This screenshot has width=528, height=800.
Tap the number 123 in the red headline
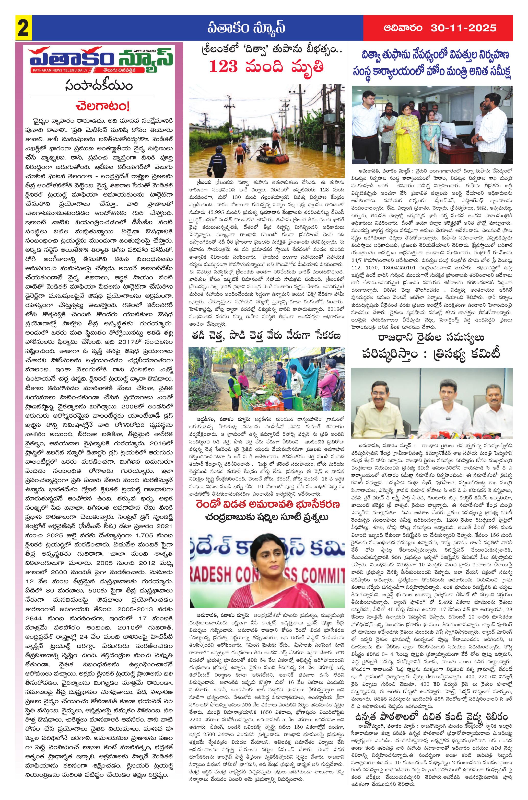(224, 66)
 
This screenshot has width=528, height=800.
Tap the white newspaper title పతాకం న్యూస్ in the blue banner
(246, 28)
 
